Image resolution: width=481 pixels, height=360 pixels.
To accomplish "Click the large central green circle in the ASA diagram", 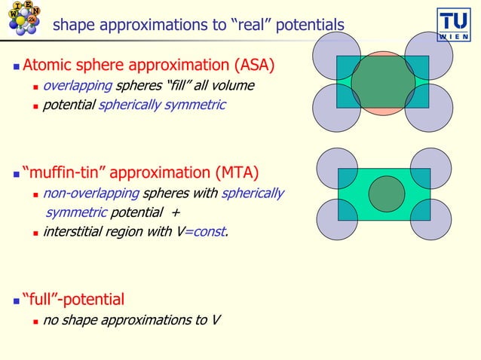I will coord(383,83).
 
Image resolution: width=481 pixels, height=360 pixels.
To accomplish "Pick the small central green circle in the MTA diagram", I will coord(384,194).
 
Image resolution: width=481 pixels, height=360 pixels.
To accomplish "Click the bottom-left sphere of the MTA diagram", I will coord(335,219).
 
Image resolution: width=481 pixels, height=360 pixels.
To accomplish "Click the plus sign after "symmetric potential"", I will coord(175,212).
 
